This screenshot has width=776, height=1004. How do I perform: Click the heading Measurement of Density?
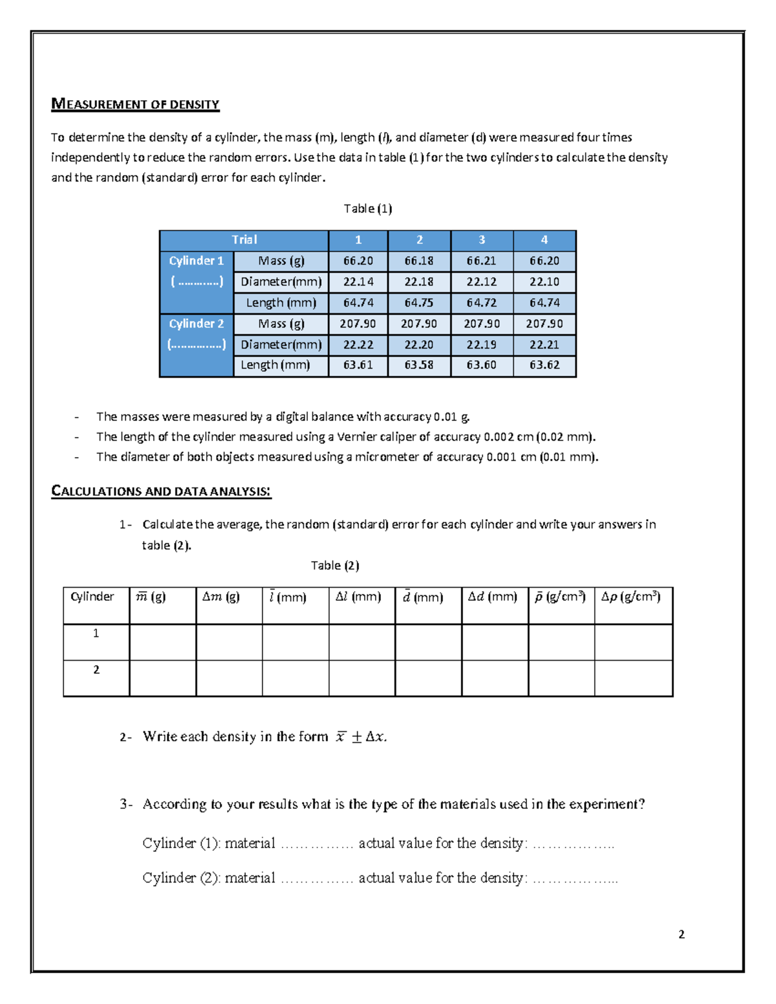[x=135, y=104]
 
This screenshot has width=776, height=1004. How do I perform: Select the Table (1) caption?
[x=367, y=208]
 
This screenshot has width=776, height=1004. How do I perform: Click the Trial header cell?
[x=244, y=240]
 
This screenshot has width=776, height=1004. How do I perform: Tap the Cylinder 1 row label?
[x=196, y=261]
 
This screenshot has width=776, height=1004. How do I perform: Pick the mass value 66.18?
[x=419, y=261]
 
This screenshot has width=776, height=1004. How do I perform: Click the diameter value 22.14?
[x=358, y=282]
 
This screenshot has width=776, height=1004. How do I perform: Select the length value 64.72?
[x=482, y=303]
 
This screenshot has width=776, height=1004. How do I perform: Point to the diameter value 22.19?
[x=482, y=345]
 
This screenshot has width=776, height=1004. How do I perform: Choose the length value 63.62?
[x=544, y=365]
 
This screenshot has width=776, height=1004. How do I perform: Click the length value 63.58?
[x=419, y=365]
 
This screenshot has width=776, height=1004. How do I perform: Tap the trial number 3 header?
[x=482, y=240]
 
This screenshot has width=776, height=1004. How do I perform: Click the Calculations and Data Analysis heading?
[x=161, y=491]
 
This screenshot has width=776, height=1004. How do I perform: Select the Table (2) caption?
[x=334, y=565]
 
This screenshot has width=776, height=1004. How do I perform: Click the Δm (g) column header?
[x=221, y=597]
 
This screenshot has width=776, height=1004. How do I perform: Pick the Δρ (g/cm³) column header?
[x=631, y=597]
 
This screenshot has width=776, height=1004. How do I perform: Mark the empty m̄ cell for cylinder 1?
[x=162, y=642]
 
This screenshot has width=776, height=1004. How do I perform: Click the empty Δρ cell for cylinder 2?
[x=633, y=678]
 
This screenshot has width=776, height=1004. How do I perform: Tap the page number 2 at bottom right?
[x=681, y=934]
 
